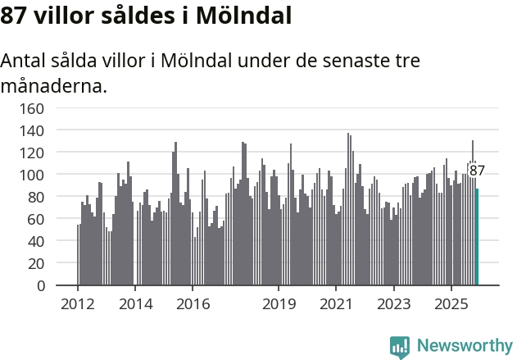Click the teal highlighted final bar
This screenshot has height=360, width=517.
pyautogui.click(x=477, y=238)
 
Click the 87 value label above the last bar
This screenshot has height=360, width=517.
pyautogui.click(x=477, y=171)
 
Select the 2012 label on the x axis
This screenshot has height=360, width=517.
pyautogui.click(x=78, y=303)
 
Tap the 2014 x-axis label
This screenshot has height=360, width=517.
pyautogui.click(x=135, y=303)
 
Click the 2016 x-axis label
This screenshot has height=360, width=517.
pyautogui.click(x=193, y=303)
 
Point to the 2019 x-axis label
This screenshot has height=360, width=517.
pyautogui.click(x=279, y=303)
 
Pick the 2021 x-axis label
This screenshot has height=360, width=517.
pyautogui.click(x=336, y=303)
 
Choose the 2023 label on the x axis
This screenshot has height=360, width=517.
pyautogui.click(x=393, y=303)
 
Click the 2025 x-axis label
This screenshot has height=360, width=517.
pyautogui.click(x=451, y=303)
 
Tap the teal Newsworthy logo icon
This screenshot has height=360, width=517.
pyautogui.click(x=400, y=346)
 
